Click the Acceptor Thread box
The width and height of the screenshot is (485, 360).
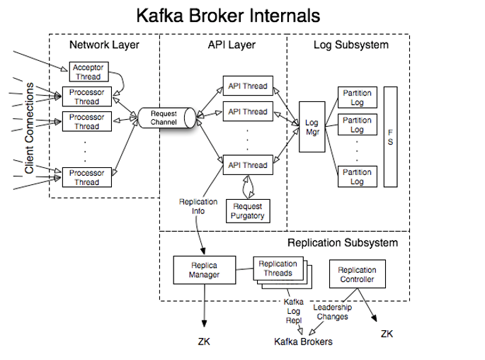tap(89, 72)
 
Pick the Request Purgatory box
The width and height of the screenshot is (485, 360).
tap(247, 210)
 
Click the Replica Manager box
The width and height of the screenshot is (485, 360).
tap(203, 270)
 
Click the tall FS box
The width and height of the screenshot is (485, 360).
tap(390, 137)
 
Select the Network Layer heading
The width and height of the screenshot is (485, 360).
tap(104, 45)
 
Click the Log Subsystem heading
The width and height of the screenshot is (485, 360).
tap(350, 45)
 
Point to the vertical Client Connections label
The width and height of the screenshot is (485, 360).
tap(29, 128)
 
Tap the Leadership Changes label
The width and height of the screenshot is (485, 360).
tap(331, 313)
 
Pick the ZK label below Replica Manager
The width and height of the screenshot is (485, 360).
tap(204, 342)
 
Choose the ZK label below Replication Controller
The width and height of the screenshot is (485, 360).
tap(387, 332)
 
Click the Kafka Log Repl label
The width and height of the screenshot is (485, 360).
tap(294, 311)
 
